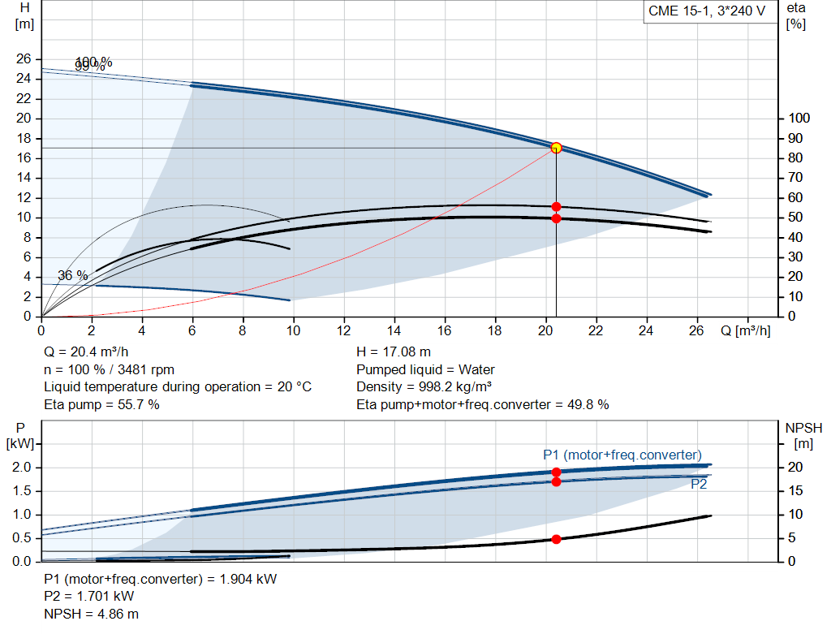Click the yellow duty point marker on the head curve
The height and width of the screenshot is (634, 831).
556,148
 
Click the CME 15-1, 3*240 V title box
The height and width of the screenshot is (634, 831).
707,12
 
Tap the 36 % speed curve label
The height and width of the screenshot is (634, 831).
72,276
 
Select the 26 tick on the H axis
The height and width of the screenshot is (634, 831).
24,59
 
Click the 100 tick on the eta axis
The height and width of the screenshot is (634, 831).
797,119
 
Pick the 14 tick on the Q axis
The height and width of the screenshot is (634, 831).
394,330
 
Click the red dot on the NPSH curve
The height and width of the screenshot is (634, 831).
556,539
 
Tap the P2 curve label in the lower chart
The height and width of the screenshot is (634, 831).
699,484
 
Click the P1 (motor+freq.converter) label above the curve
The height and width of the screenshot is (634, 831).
622,455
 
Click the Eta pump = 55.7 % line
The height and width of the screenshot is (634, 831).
101,404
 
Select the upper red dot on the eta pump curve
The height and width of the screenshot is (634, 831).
556,207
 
